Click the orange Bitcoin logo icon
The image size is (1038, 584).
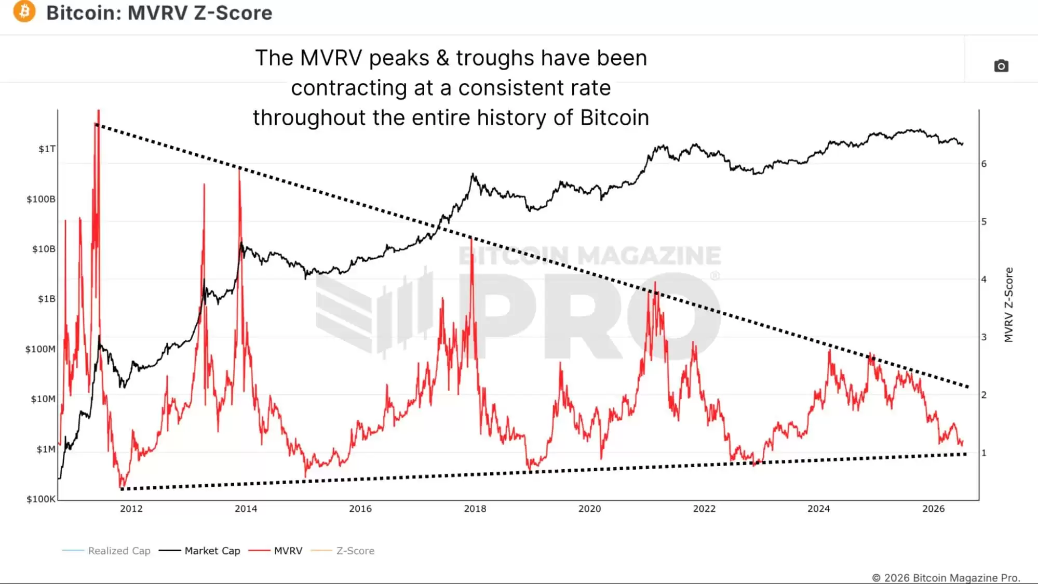[x=24, y=11]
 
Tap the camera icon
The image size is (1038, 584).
[x=1001, y=66]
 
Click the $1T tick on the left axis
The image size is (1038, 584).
[x=47, y=149]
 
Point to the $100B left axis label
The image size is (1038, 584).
[x=41, y=199]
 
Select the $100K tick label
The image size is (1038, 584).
[x=41, y=499]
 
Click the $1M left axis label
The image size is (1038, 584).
[x=46, y=449]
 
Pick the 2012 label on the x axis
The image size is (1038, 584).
[x=131, y=509]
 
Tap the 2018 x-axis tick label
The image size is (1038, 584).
[x=475, y=509]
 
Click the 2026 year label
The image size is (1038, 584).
[x=933, y=509]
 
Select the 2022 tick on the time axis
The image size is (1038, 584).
[x=704, y=509]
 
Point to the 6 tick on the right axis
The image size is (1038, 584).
[x=984, y=164]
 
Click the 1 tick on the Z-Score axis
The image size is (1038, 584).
[x=984, y=453]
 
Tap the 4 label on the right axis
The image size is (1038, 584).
[x=984, y=280]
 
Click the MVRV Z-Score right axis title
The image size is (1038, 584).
[x=1008, y=305]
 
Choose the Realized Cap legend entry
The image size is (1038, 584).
[x=106, y=551]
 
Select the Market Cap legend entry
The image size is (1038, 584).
[x=200, y=551]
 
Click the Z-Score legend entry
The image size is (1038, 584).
[x=343, y=551]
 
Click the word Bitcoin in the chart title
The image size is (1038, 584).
[x=83, y=12]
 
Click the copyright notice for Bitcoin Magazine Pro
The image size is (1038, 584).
[x=946, y=578]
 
